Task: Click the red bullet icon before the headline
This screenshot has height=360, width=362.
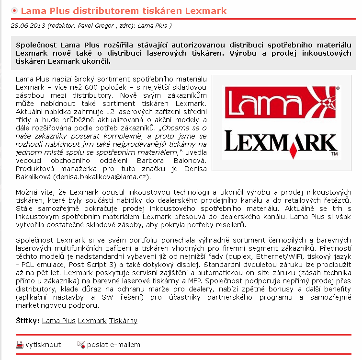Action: coord(15,10)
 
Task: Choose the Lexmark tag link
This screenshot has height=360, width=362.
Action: coord(92,321)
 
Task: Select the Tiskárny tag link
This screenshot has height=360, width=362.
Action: coord(123,321)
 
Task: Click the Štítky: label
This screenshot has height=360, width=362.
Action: coord(28,321)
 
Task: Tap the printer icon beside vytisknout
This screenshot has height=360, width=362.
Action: coord(20,345)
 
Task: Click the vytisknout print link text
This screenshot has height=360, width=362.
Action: coord(43,345)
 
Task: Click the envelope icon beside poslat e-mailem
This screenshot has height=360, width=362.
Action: coord(81,345)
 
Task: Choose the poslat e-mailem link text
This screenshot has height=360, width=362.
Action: coord(113,345)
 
